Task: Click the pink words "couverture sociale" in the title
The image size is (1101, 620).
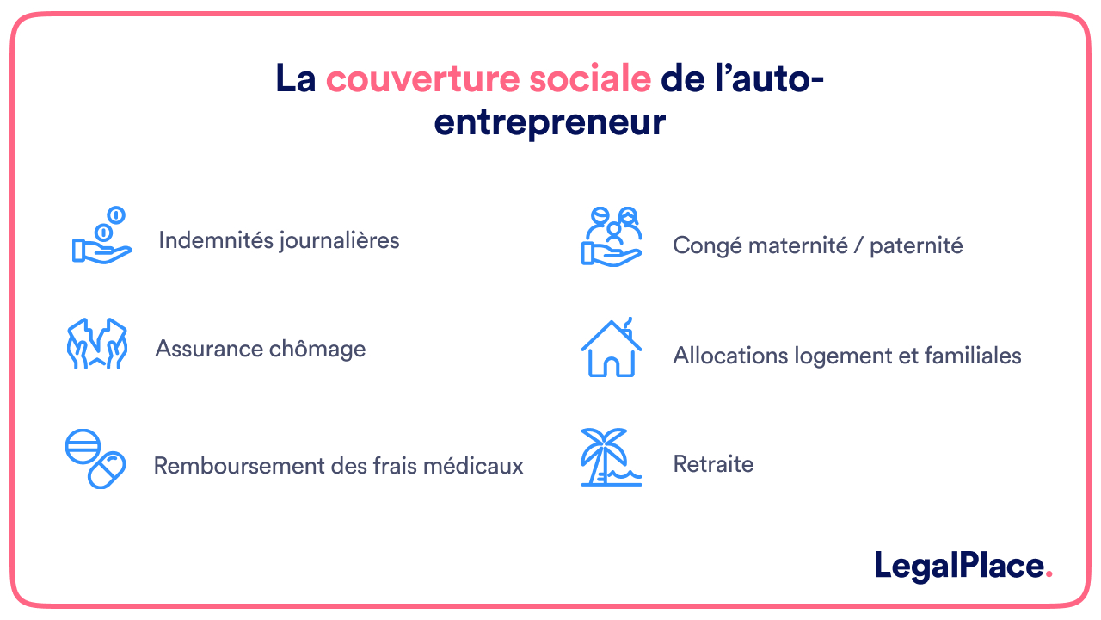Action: (488, 79)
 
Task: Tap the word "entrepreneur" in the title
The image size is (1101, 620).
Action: (550, 122)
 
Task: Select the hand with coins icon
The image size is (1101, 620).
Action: (101, 236)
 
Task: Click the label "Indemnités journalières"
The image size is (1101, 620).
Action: (279, 239)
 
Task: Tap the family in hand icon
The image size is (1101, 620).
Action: (612, 236)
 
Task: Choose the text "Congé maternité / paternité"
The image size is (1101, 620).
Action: (817, 245)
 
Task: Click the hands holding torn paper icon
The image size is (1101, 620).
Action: (97, 344)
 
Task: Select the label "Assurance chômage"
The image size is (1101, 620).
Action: (260, 349)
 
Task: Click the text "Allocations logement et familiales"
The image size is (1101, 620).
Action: (846, 355)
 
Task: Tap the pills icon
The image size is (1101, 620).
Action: (95, 458)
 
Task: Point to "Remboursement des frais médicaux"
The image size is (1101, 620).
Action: (338, 466)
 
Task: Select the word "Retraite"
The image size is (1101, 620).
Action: (713, 464)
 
